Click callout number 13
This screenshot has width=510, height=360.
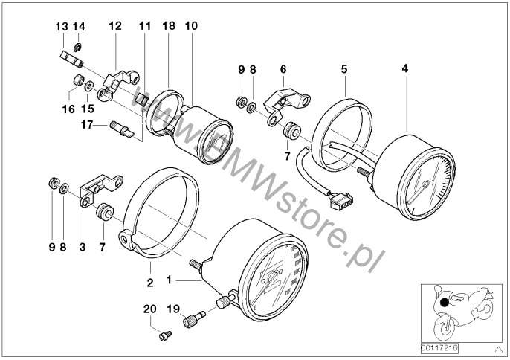(x=62, y=26)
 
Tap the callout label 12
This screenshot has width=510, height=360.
(x=114, y=26)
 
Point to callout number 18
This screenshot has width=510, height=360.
(x=169, y=26)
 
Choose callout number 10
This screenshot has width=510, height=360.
(x=191, y=26)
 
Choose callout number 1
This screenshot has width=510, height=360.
(x=170, y=281)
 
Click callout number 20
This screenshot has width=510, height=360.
(x=149, y=309)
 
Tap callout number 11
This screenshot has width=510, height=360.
(x=144, y=26)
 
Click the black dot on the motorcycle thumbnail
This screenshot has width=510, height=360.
(x=445, y=303)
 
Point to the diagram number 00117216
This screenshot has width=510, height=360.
(x=438, y=347)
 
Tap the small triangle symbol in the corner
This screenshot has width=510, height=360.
(x=499, y=348)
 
